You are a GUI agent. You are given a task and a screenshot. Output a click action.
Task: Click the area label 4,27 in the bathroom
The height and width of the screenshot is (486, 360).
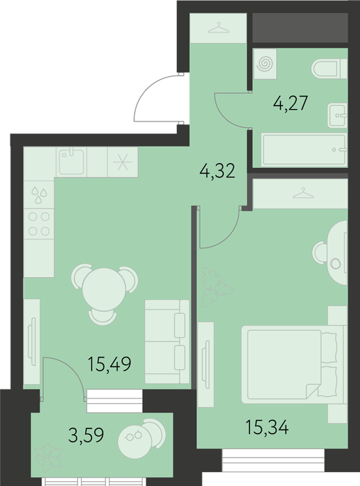(x=291, y=103)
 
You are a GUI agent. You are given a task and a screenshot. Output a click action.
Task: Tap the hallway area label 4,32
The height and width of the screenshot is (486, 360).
(x=217, y=171)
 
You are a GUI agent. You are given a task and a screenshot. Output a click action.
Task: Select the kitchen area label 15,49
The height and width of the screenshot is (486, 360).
(x=110, y=364)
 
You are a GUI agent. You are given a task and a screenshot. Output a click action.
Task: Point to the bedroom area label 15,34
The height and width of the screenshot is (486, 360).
(x=267, y=427)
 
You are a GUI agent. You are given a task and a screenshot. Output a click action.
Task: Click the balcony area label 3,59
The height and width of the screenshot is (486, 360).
(x=86, y=435)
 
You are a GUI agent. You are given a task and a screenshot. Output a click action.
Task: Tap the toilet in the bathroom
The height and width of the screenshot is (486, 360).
(x=329, y=69)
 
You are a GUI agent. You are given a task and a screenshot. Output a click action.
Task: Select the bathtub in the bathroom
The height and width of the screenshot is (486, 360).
(x=305, y=150)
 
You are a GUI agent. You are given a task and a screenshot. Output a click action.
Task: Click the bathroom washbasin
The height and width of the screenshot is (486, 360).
(x=337, y=116)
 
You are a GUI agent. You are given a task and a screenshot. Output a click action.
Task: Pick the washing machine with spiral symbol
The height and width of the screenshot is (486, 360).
(x=265, y=64)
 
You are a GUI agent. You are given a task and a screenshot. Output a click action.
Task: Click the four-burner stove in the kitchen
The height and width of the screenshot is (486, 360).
(x=40, y=224)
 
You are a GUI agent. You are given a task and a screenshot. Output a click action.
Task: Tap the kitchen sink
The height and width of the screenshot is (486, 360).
(x=71, y=162)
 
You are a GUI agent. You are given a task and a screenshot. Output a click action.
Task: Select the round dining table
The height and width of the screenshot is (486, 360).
(x=104, y=290)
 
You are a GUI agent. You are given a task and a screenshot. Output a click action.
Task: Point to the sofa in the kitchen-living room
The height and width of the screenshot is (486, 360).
(x=167, y=342)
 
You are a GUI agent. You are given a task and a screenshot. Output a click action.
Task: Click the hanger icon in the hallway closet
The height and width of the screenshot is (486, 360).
(x=218, y=28)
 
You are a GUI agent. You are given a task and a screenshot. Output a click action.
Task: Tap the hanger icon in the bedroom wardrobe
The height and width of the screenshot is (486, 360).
(x=303, y=193)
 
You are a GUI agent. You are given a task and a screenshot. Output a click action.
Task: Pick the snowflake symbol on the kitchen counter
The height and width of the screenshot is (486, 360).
(x=123, y=162)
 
